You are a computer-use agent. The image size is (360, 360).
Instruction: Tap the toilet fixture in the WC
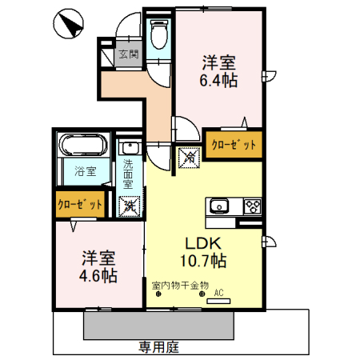(159, 34)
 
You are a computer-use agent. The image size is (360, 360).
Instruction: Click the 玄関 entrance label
(129, 54)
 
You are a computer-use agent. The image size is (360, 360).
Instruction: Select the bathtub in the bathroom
(84, 145)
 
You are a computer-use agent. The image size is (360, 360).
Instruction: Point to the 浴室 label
(86, 171)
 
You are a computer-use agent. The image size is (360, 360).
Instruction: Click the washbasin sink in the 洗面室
(130, 148)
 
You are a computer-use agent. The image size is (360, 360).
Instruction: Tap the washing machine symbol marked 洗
(130, 206)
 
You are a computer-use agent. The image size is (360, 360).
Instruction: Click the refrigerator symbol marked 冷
(189, 158)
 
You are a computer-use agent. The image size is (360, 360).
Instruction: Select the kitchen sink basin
(219, 206)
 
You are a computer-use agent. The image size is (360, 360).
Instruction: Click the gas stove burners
(252, 206)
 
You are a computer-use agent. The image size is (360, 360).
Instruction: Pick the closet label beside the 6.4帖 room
(234, 145)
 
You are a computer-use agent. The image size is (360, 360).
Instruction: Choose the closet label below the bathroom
(80, 205)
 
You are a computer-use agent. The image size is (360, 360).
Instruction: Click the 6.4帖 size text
(218, 80)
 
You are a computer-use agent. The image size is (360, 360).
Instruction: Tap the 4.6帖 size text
(98, 276)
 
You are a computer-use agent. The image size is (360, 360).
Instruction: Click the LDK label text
(203, 243)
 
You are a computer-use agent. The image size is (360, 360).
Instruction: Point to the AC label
(218, 293)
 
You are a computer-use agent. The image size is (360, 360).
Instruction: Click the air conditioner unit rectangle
(218, 302)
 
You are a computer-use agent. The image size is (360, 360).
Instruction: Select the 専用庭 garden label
(158, 347)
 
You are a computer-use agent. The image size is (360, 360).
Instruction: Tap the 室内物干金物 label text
(180, 286)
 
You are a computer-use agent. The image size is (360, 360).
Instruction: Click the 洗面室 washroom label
(128, 174)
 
